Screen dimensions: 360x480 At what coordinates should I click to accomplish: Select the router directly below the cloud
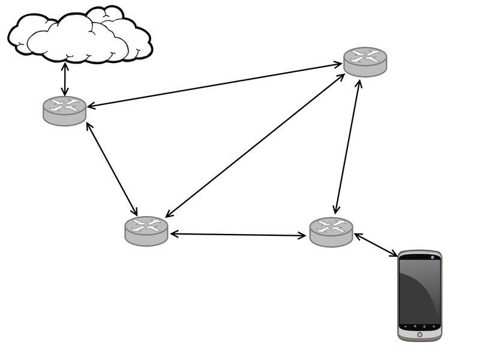pos(65,110)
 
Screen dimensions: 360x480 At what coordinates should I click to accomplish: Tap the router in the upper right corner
pos(365,61)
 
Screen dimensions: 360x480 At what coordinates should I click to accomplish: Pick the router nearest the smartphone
pos(331,231)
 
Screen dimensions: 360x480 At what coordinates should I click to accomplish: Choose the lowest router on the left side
pos(146,230)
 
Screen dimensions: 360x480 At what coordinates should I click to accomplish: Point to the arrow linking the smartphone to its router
pos(376,245)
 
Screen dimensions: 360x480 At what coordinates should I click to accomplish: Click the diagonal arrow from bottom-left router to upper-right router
pos(255,144)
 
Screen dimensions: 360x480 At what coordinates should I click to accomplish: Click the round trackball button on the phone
pos(419,334)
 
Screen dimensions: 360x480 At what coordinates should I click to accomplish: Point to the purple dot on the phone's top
pos(433,257)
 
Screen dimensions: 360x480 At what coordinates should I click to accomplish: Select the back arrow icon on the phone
pos(406,326)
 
